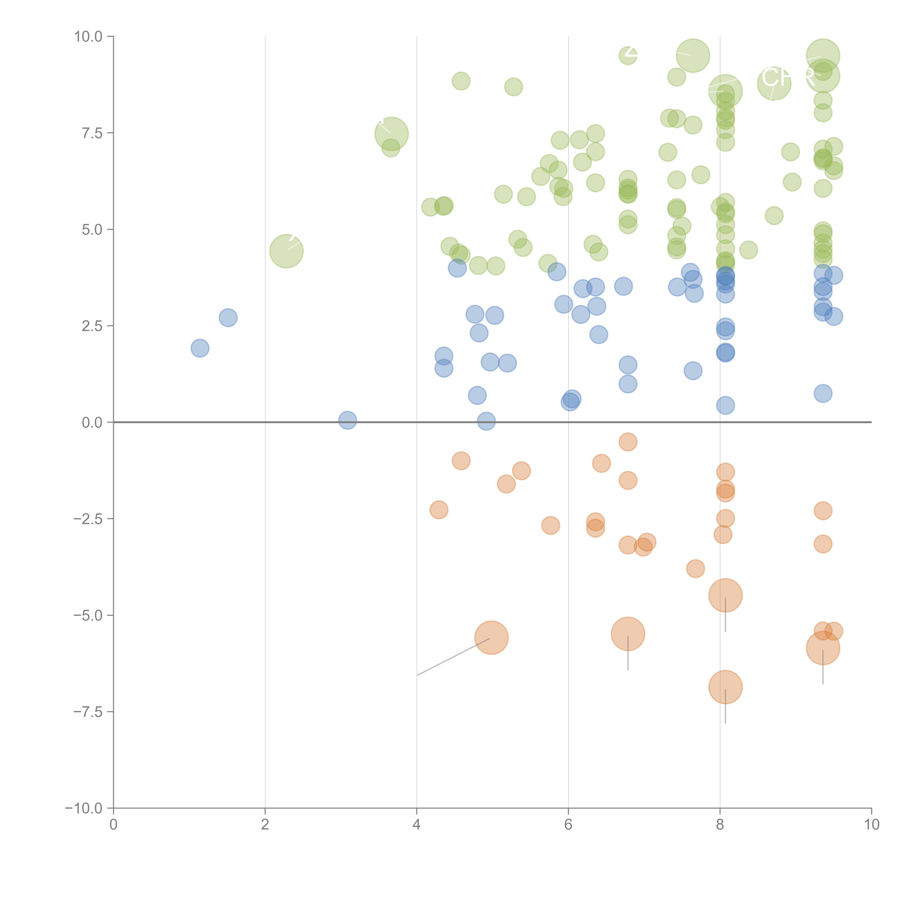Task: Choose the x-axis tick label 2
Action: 265,825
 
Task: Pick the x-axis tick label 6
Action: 568,825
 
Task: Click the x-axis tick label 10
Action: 871,825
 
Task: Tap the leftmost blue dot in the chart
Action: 200,348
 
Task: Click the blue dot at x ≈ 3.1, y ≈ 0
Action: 347,420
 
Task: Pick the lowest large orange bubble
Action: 725,687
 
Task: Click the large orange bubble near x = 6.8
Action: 628,634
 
